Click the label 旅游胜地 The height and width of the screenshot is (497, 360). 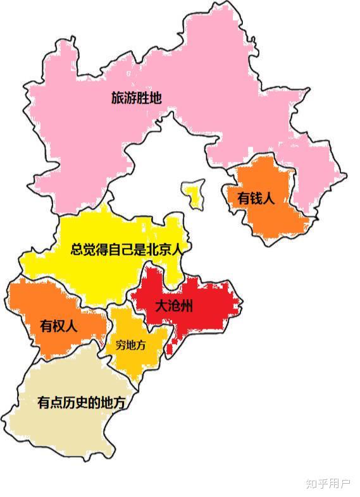coord(136,99)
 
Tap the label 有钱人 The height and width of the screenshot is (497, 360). coord(256,198)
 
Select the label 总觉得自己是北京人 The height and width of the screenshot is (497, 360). coord(127,249)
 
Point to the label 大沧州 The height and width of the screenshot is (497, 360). coord(175,307)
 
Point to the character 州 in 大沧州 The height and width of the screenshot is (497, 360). coord(186,307)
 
